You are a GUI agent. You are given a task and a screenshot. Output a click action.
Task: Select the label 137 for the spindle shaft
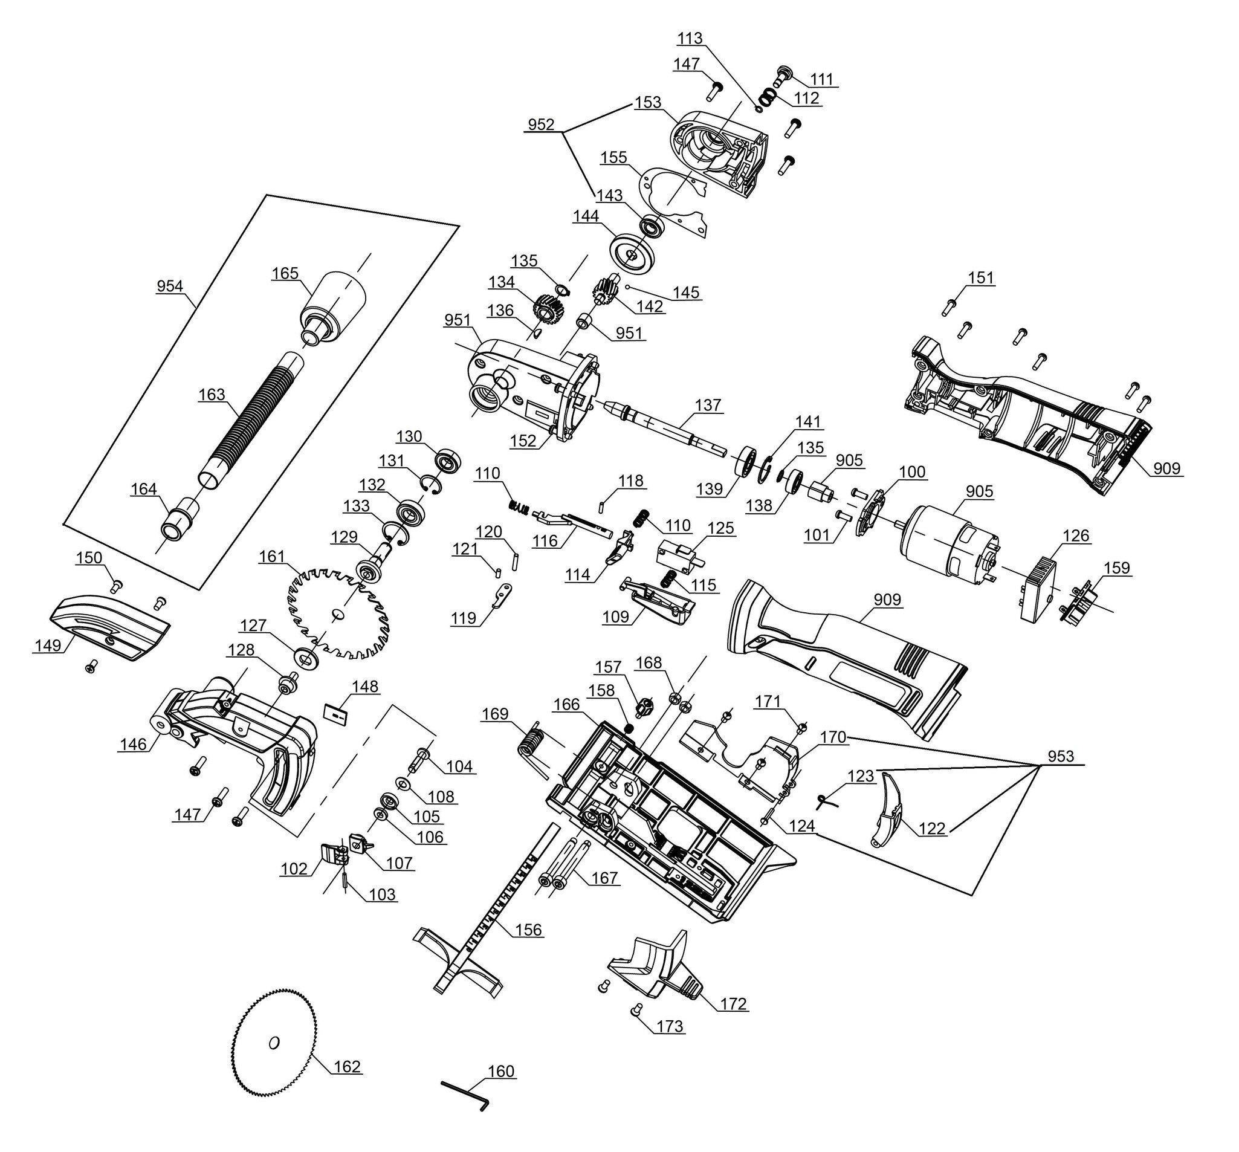tap(708, 405)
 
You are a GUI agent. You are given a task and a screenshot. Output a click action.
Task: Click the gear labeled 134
tap(548, 309)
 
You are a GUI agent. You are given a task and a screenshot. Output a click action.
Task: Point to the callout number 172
tap(733, 1004)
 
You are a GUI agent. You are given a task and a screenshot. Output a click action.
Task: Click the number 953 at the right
tap(1061, 756)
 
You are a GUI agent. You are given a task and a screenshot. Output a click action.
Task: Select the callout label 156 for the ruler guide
tap(529, 930)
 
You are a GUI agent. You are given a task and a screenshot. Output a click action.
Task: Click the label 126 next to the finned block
tap(1076, 536)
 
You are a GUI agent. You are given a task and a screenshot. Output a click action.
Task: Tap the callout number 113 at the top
tap(690, 39)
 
